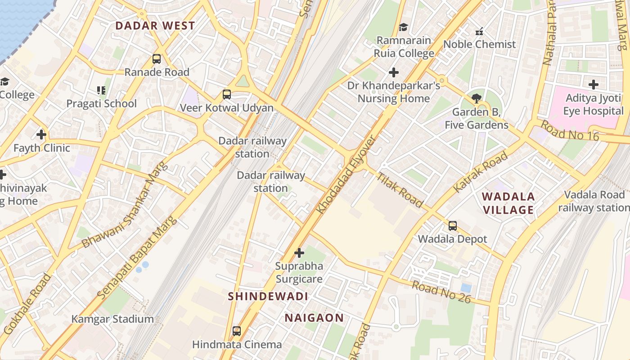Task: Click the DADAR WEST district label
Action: [x=155, y=26]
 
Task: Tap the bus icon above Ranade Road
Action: [x=157, y=59]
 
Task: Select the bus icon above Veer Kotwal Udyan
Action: [x=227, y=94]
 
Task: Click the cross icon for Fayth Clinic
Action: [x=41, y=135]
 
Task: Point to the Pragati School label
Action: [x=101, y=103]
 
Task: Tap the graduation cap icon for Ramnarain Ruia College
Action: [x=403, y=27]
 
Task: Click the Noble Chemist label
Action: [x=479, y=44]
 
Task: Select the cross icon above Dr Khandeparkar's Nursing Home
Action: [x=394, y=72]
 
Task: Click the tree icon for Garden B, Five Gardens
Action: [x=476, y=99]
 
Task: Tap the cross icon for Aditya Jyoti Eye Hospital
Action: [x=594, y=85]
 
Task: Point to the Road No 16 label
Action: [x=570, y=130]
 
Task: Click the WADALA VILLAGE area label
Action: [x=508, y=203]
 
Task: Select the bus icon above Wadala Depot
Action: [x=453, y=226]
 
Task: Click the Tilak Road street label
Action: [x=400, y=190]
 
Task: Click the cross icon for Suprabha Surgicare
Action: [x=299, y=253]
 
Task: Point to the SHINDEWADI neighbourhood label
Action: [x=268, y=296]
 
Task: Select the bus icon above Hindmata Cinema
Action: [x=237, y=332]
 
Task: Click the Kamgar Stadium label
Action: [x=112, y=319]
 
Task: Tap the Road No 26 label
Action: [x=441, y=292]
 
